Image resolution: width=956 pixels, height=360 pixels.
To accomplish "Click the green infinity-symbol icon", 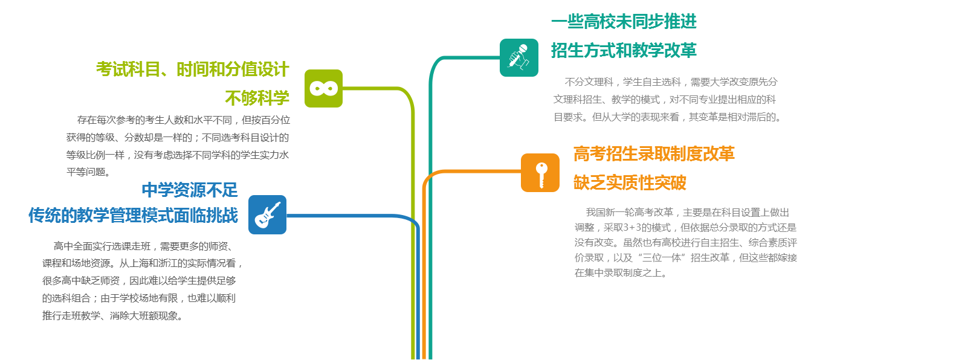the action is [323, 88].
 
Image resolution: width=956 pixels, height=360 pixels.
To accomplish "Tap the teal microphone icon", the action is [519, 57].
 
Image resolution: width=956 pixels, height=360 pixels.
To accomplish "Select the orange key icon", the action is [540, 173].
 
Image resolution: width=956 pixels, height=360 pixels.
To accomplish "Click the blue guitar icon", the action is [268, 214].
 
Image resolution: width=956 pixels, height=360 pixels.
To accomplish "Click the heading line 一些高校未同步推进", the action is [624, 21].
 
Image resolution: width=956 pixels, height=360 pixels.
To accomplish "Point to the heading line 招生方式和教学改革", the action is [624, 50].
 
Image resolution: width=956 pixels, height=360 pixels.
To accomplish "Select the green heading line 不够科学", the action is [257, 98].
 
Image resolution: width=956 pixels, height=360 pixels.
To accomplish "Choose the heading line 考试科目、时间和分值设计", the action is [193, 69].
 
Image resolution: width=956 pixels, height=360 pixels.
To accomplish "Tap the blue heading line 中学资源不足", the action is [190, 190].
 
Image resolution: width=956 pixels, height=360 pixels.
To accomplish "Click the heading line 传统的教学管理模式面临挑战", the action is [133, 216].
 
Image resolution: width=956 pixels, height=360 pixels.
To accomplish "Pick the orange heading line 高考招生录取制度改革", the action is [654, 154].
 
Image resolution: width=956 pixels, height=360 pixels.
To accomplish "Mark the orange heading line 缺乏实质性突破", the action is [630, 183].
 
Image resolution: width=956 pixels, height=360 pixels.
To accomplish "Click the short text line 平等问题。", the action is [88, 172].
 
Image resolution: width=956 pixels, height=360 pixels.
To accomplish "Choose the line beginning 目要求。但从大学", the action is [668, 117].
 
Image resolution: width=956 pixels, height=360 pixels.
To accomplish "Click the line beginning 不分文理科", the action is [671, 82].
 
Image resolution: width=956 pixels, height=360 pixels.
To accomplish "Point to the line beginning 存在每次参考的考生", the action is [184, 120].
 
